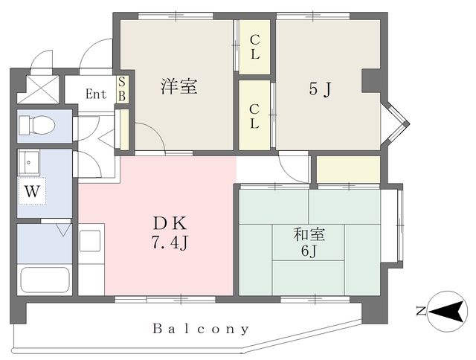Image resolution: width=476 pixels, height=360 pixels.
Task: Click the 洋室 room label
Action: pos(179,86)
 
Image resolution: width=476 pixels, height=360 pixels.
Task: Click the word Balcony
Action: pos(201,328)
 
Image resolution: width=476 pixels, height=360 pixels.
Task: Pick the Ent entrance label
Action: pos(96,94)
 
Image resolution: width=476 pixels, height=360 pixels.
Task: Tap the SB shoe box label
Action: pos(123,89)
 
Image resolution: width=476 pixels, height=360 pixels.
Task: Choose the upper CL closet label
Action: pos(254,48)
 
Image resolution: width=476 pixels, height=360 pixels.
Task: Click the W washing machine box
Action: pos(30,191)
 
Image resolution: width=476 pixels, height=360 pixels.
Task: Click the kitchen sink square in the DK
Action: pos(90,241)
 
